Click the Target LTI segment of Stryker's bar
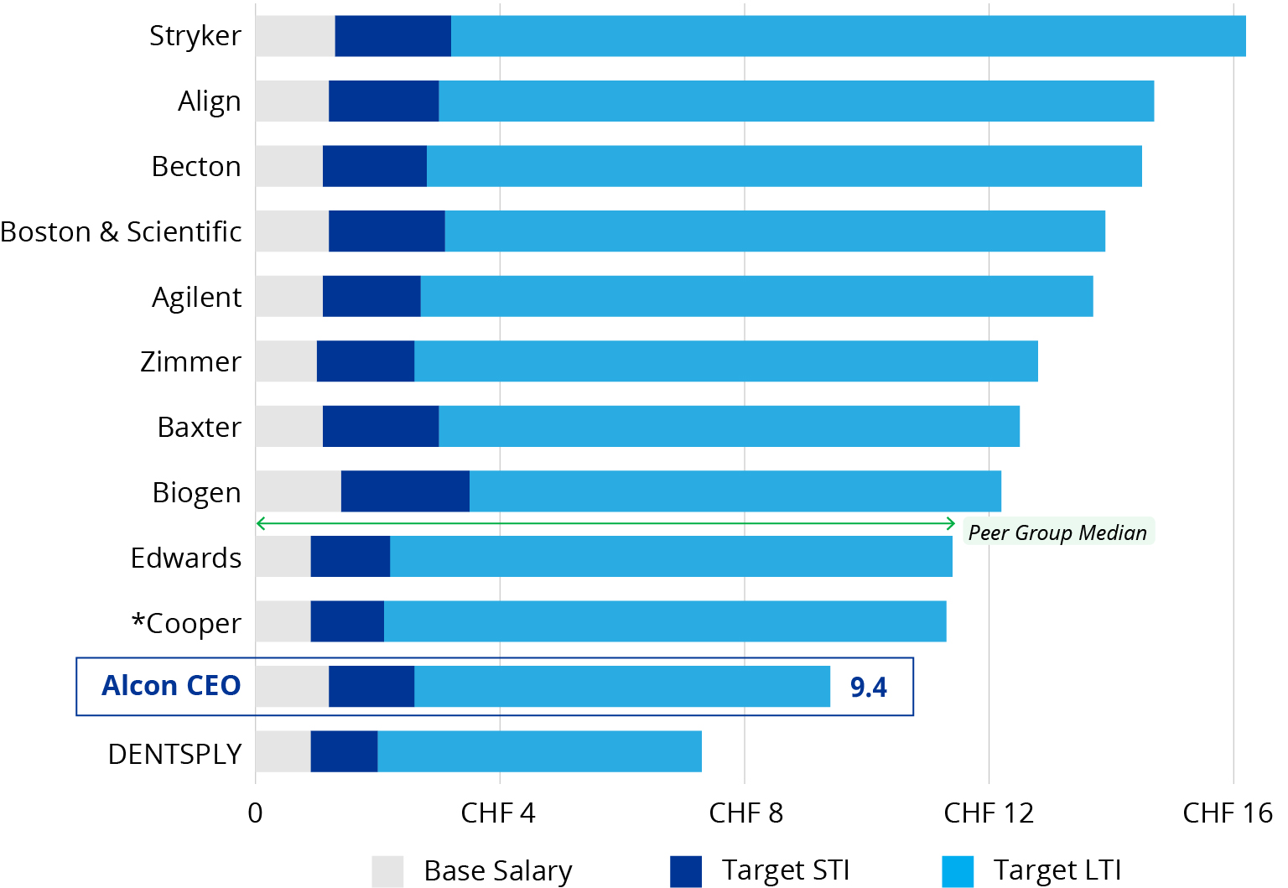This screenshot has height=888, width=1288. pos(847,36)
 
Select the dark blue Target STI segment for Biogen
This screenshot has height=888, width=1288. pos(405,491)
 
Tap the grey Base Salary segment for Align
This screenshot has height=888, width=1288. pos(292,101)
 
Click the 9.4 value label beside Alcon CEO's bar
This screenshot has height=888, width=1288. pos(868,688)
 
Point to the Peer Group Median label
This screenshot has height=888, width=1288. pos(1057,532)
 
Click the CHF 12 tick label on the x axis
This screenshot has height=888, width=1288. pos(989,813)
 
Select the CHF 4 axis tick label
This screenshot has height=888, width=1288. pos(498,813)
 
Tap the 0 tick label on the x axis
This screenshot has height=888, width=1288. pos(255,813)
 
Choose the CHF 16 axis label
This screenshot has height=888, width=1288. pos(1227,813)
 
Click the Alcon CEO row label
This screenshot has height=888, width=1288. pos(171,686)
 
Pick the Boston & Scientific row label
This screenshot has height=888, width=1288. pos(121,231)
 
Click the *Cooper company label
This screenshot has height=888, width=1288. pos(186,623)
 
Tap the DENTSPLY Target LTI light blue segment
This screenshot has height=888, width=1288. pos(539,751)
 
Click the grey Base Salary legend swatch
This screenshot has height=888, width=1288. pos(387,871)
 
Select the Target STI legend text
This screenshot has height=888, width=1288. pos(786,870)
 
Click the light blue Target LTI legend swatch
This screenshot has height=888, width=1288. pos(958,871)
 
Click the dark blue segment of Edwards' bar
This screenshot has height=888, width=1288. pos(350,557)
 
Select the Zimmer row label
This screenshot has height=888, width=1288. pos(190,361)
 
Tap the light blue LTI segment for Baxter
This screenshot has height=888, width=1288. pos(728,427)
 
